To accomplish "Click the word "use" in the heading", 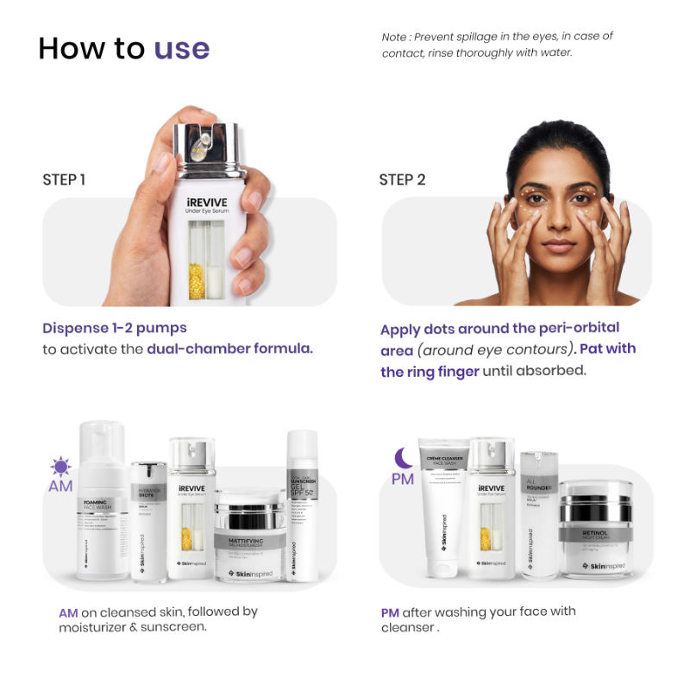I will (182, 48).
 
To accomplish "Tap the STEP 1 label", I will (64, 180).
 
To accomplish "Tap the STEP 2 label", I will (402, 180).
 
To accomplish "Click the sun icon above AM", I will (60, 467).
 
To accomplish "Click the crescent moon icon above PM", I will (402, 457).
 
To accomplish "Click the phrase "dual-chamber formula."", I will (229, 349).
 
